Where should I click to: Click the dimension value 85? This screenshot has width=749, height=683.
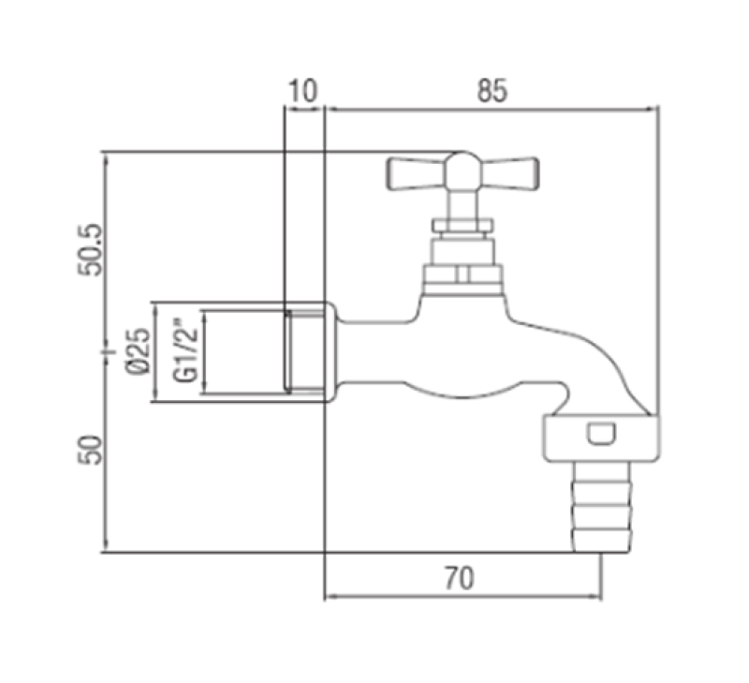click(x=491, y=91)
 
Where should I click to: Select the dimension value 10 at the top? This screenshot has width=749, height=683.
click(x=302, y=91)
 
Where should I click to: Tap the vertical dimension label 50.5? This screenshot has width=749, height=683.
click(x=91, y=250)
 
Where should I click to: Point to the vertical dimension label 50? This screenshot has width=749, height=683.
click(x=91, y=450)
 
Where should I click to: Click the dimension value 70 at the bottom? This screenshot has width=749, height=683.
click(x=461, y=578)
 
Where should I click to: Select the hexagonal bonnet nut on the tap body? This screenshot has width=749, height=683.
click(x=462, y=274)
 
